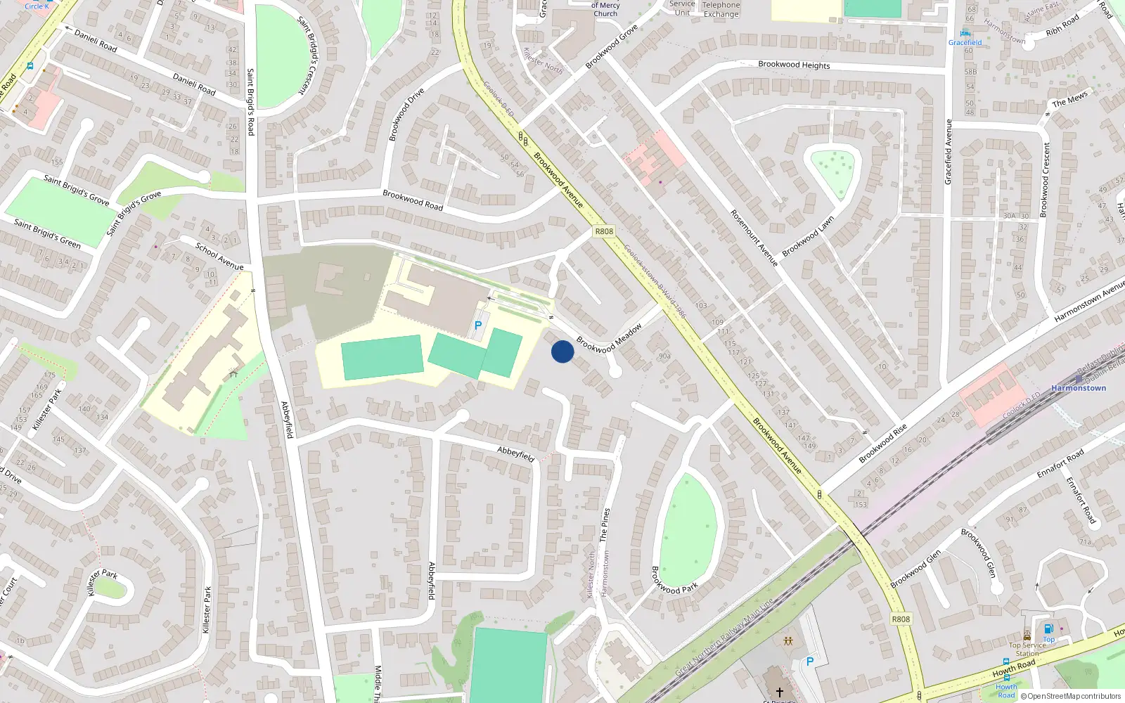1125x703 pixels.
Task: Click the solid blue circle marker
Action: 562,351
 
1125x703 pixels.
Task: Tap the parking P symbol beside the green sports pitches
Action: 478,325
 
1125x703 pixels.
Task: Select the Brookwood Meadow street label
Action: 609,338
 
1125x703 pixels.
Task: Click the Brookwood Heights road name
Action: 794,65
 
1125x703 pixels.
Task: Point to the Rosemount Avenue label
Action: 754,238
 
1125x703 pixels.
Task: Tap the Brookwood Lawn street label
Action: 808,236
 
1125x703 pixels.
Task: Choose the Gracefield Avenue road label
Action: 948,152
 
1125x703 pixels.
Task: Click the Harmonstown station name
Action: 1079,388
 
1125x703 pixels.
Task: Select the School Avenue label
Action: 219,256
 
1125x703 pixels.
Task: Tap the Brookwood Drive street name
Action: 406,114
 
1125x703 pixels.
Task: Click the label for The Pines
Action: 603,524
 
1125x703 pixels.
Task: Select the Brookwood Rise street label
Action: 882,444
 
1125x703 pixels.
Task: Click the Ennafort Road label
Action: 1060,464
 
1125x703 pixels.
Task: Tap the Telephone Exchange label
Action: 721,9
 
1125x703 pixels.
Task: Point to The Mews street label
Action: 1069,99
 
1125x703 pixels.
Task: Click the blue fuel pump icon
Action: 1048,628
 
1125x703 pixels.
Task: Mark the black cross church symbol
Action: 779,673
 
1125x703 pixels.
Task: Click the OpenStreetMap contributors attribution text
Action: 1071,697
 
